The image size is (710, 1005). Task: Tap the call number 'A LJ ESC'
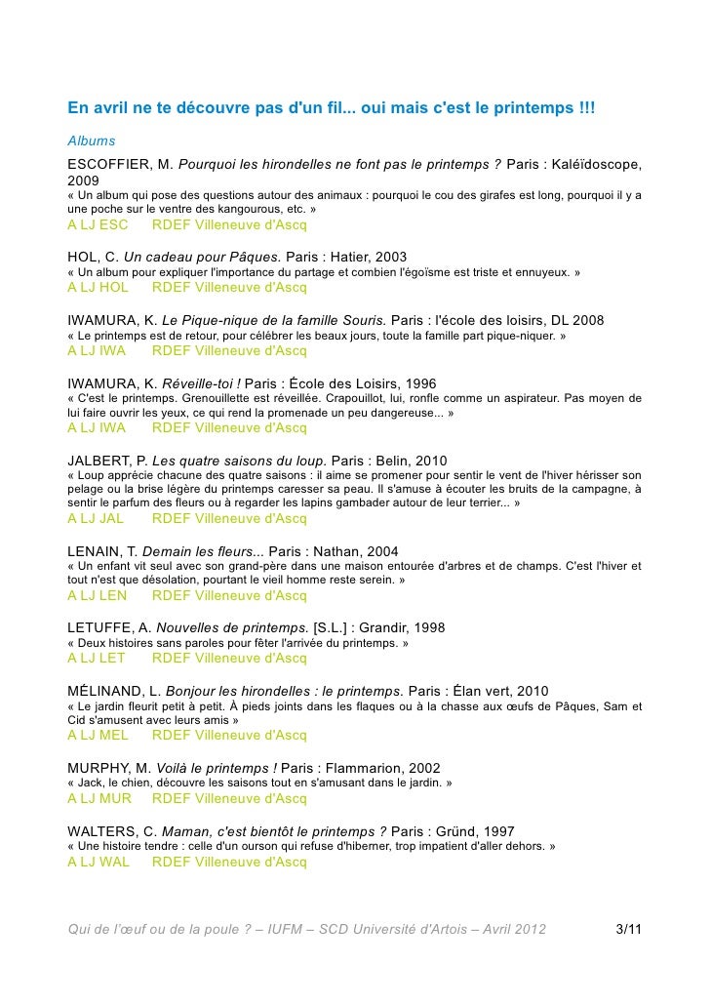click(98, 225)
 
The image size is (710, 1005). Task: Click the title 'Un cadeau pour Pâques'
click(195, 257)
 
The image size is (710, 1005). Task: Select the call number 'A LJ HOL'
click(98, 288)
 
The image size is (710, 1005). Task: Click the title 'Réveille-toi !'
click(201, 383)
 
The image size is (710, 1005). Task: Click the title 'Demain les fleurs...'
click(194, 551)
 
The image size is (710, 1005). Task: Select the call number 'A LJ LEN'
click(98, 595)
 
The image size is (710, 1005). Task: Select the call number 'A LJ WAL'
click(98, 862)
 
